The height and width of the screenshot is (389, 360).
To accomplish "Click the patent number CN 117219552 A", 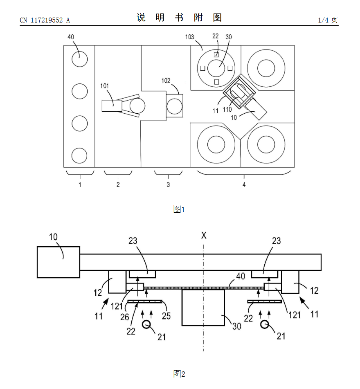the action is point(45,20).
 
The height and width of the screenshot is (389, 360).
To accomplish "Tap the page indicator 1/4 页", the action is point(328,20).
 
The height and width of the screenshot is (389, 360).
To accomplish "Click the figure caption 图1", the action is point(179,209).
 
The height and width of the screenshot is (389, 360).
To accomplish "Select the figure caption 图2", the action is point(179,373).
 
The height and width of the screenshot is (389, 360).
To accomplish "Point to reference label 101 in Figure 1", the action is point(104,86).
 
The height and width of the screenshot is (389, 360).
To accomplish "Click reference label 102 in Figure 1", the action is point(166,81).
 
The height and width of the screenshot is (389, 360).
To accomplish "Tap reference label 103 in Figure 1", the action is point(189,37).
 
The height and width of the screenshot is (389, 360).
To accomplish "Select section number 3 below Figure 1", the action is point(168,184).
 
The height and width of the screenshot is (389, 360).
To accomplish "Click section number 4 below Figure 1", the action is point(244,184).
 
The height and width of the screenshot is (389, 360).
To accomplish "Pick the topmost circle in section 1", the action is point(80,59).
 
